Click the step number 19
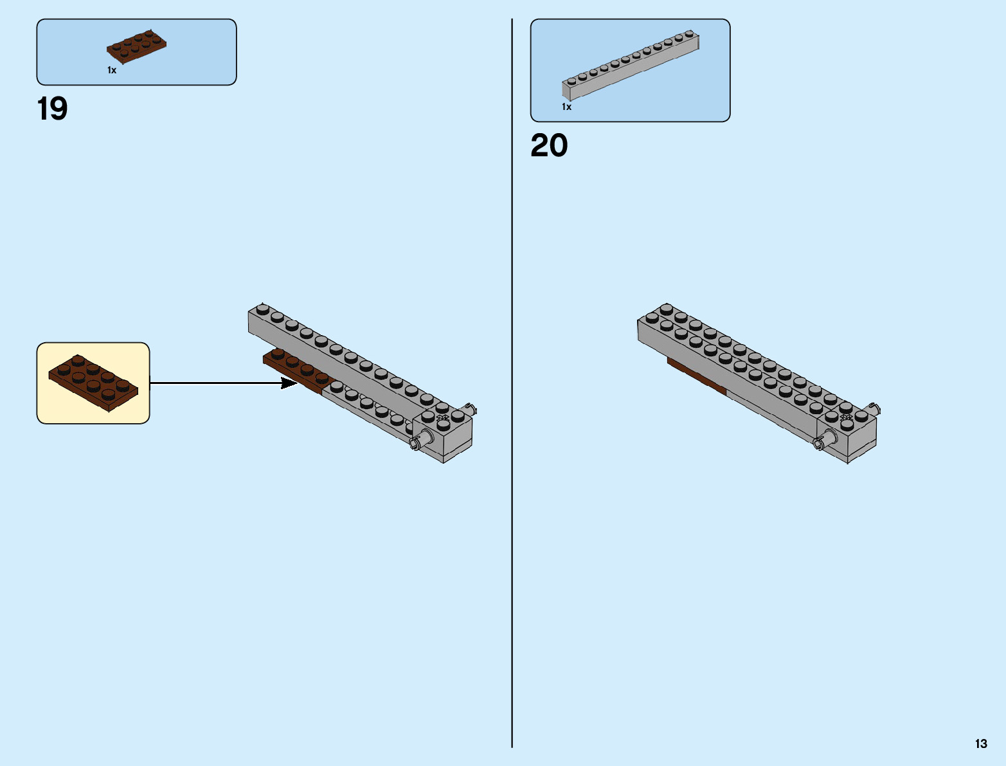click(52, 109)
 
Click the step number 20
click(549, 146)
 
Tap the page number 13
click(980, 743)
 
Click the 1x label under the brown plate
click(112, 70)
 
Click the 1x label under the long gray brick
click(566, 107)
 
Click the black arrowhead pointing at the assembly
click(289, 383)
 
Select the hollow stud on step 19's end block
click(442, 417)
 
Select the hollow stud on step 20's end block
click(847, 417)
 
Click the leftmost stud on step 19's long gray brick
click(262, 309)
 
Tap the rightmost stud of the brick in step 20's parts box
click(689, 33)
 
